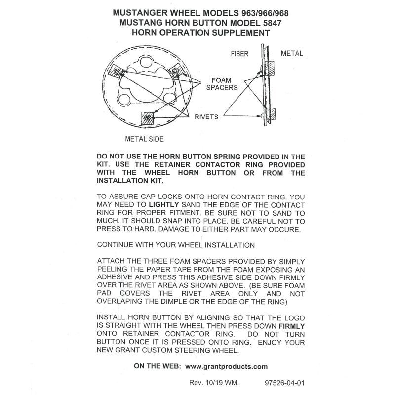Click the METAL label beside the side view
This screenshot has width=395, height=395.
291,53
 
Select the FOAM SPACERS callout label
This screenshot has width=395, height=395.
224,83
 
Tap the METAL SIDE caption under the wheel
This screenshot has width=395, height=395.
144,139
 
